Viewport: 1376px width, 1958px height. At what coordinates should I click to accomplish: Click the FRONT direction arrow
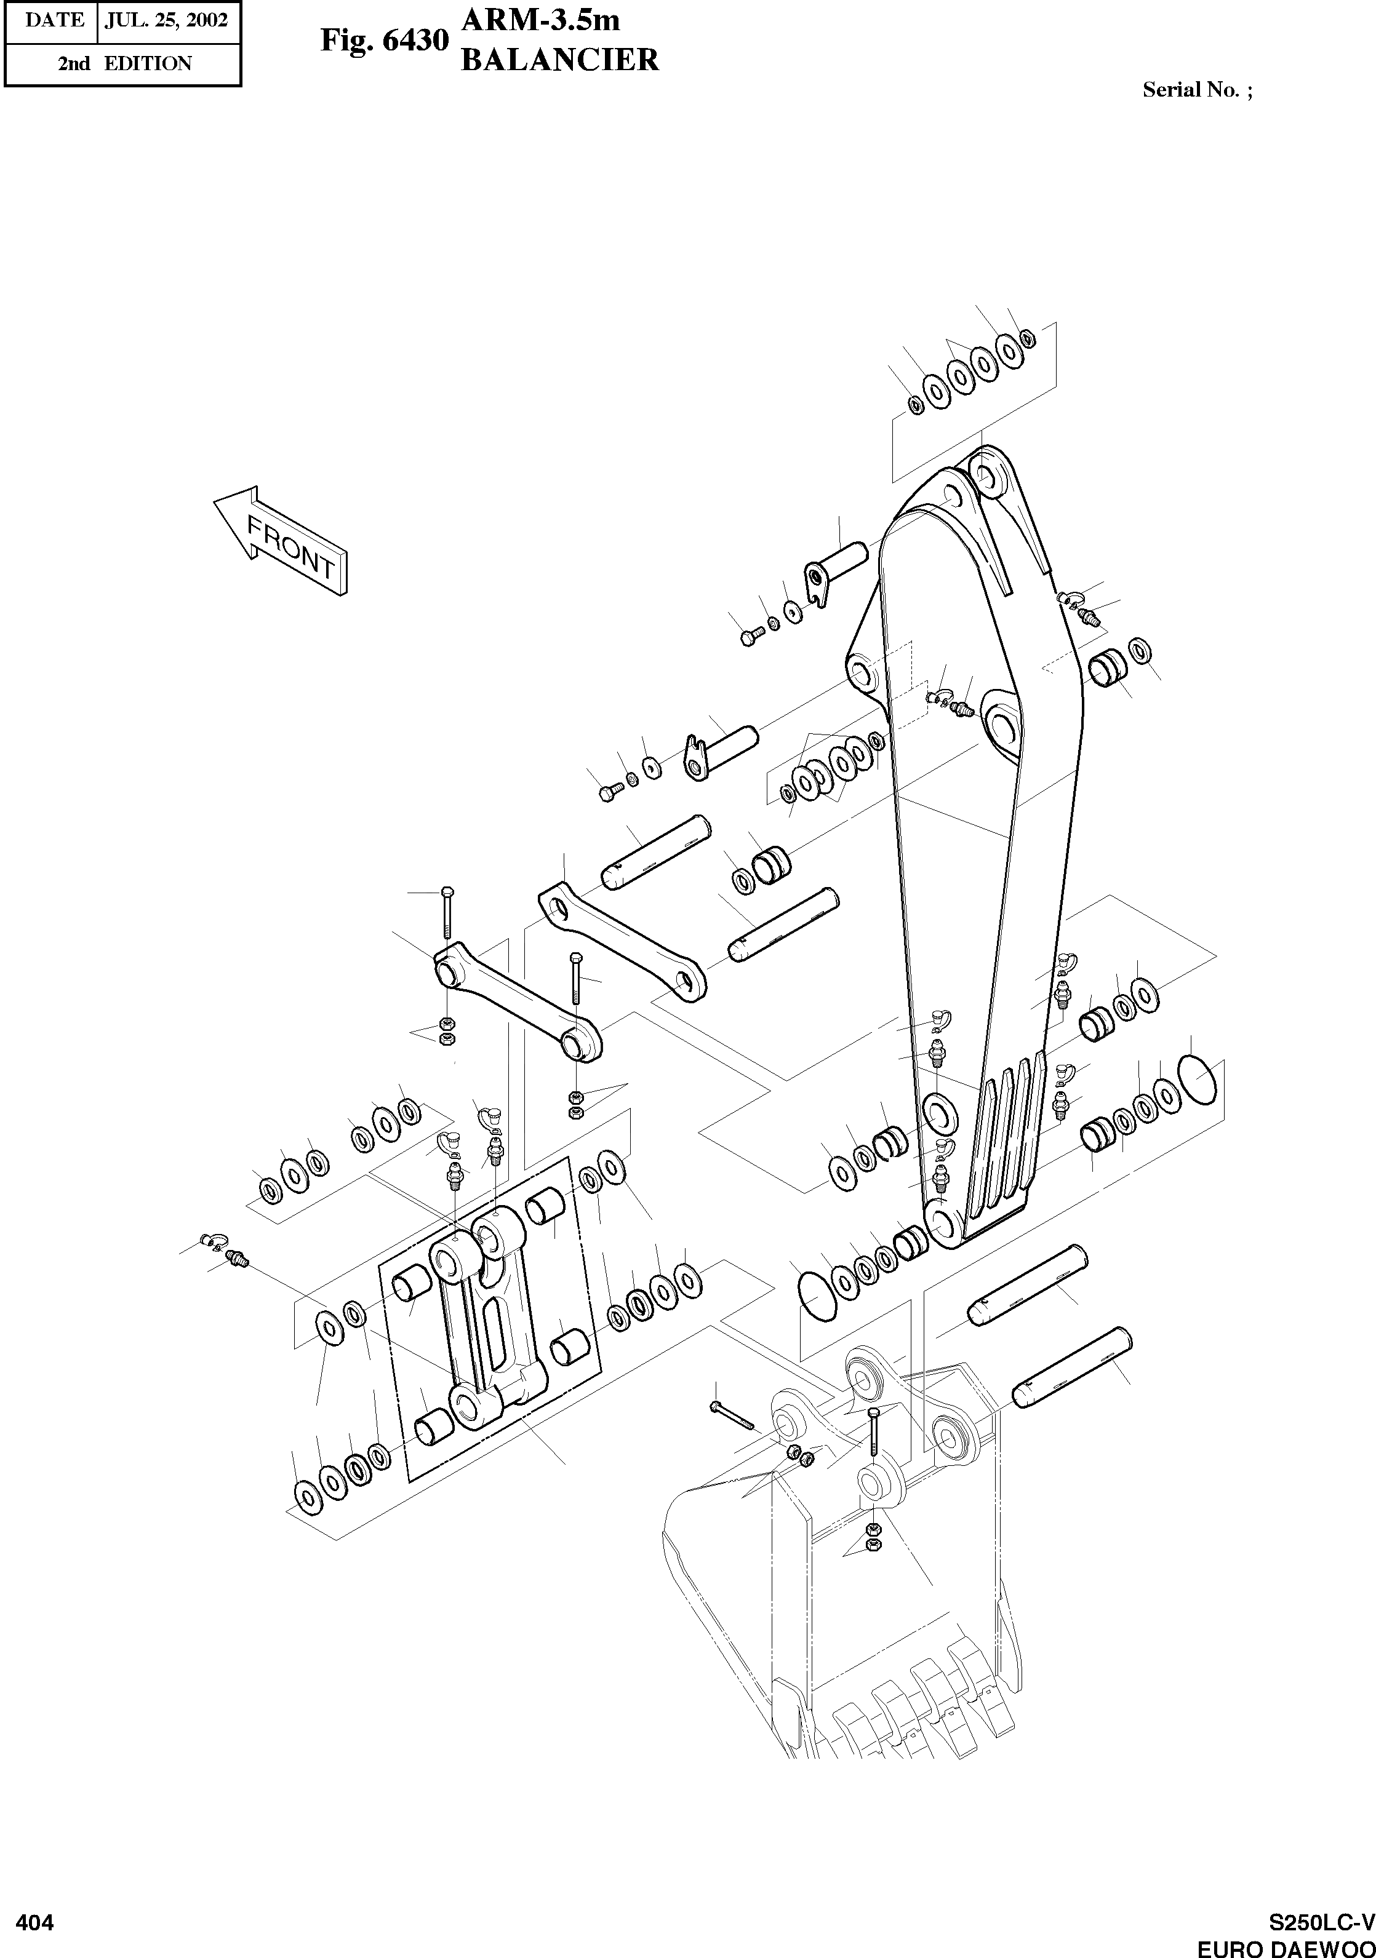tap(281, 541)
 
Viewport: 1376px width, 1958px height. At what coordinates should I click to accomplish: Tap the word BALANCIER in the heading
tap(559, 60)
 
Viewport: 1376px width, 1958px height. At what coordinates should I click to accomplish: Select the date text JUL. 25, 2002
tap(166, 20)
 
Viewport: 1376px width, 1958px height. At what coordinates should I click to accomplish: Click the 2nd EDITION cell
tap(124, 63)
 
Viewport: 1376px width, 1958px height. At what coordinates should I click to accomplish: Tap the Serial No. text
tap(1197, 90)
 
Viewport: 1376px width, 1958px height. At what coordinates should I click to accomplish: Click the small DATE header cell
tap(54, 20)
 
